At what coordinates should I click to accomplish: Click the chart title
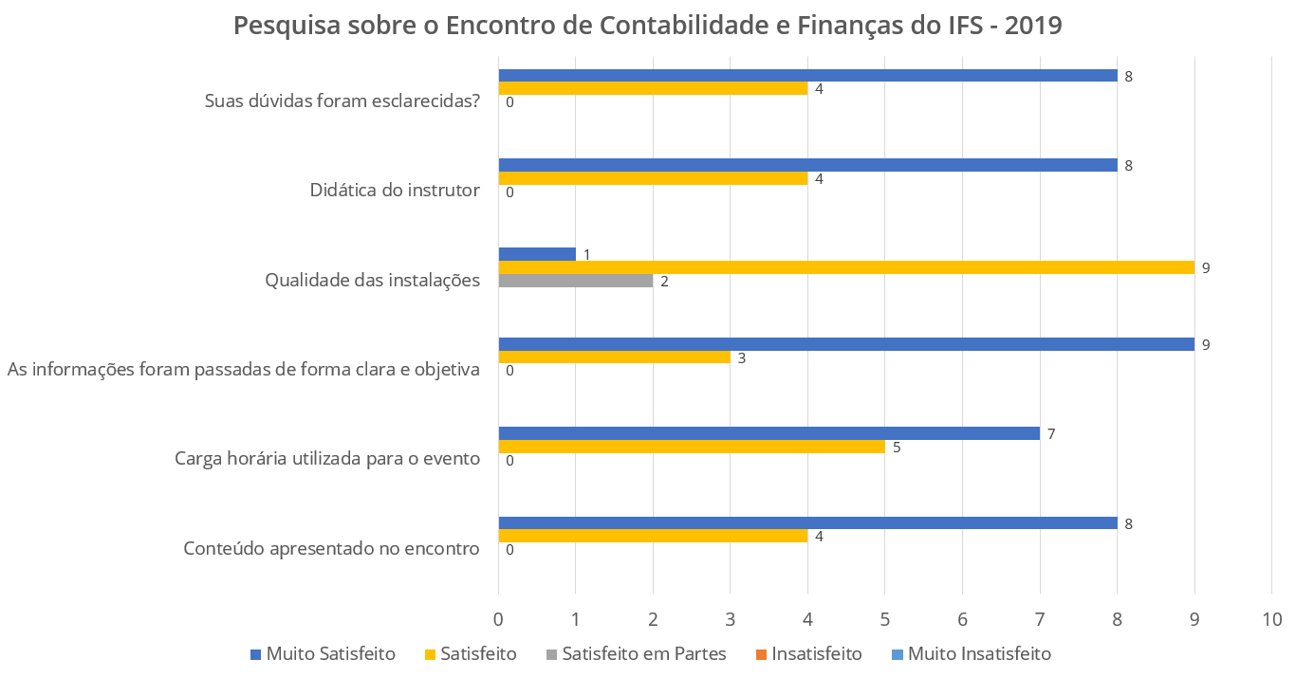tap(647, 26)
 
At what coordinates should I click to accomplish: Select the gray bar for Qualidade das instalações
tap(575, 281)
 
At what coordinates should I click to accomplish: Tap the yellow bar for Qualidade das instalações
tap(845, 267)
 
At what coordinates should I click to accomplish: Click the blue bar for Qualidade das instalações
tap(537, 254)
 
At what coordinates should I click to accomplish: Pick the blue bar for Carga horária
tap(768, 433)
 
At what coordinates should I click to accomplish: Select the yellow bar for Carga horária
tap(691, 447)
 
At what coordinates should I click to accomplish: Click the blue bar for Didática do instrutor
tap(807, 165)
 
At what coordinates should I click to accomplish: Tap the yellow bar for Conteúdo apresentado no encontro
tap(653, 536)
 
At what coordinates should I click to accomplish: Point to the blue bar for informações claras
tap(845, 344)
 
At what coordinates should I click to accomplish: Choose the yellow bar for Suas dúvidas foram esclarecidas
tap(653, 88)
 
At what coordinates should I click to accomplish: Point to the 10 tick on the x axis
tap(1271, 620)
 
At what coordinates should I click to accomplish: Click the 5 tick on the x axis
tap(884, 620)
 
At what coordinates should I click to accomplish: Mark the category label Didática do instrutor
tap(395, 190)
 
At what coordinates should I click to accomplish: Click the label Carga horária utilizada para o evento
tap(327, 459)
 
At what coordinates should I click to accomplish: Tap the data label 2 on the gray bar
tap(664, 282)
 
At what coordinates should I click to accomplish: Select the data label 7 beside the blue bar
tap(1051, 434)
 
